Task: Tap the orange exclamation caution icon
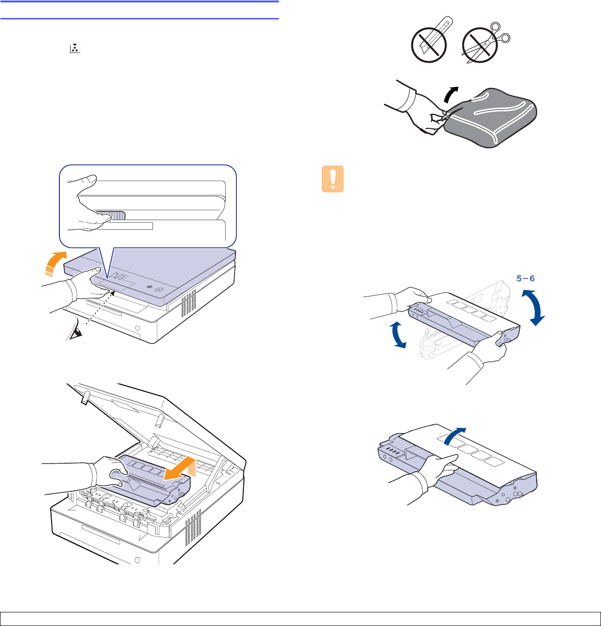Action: [333, 179]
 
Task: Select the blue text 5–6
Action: [525, 278]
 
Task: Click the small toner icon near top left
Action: [75, 49]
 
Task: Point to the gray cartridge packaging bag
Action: [490, 118]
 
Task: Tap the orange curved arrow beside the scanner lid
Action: [55, 264]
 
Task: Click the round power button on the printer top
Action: [158, 290]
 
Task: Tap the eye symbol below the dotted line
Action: [76, 329]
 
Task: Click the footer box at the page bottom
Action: [301, 619]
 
